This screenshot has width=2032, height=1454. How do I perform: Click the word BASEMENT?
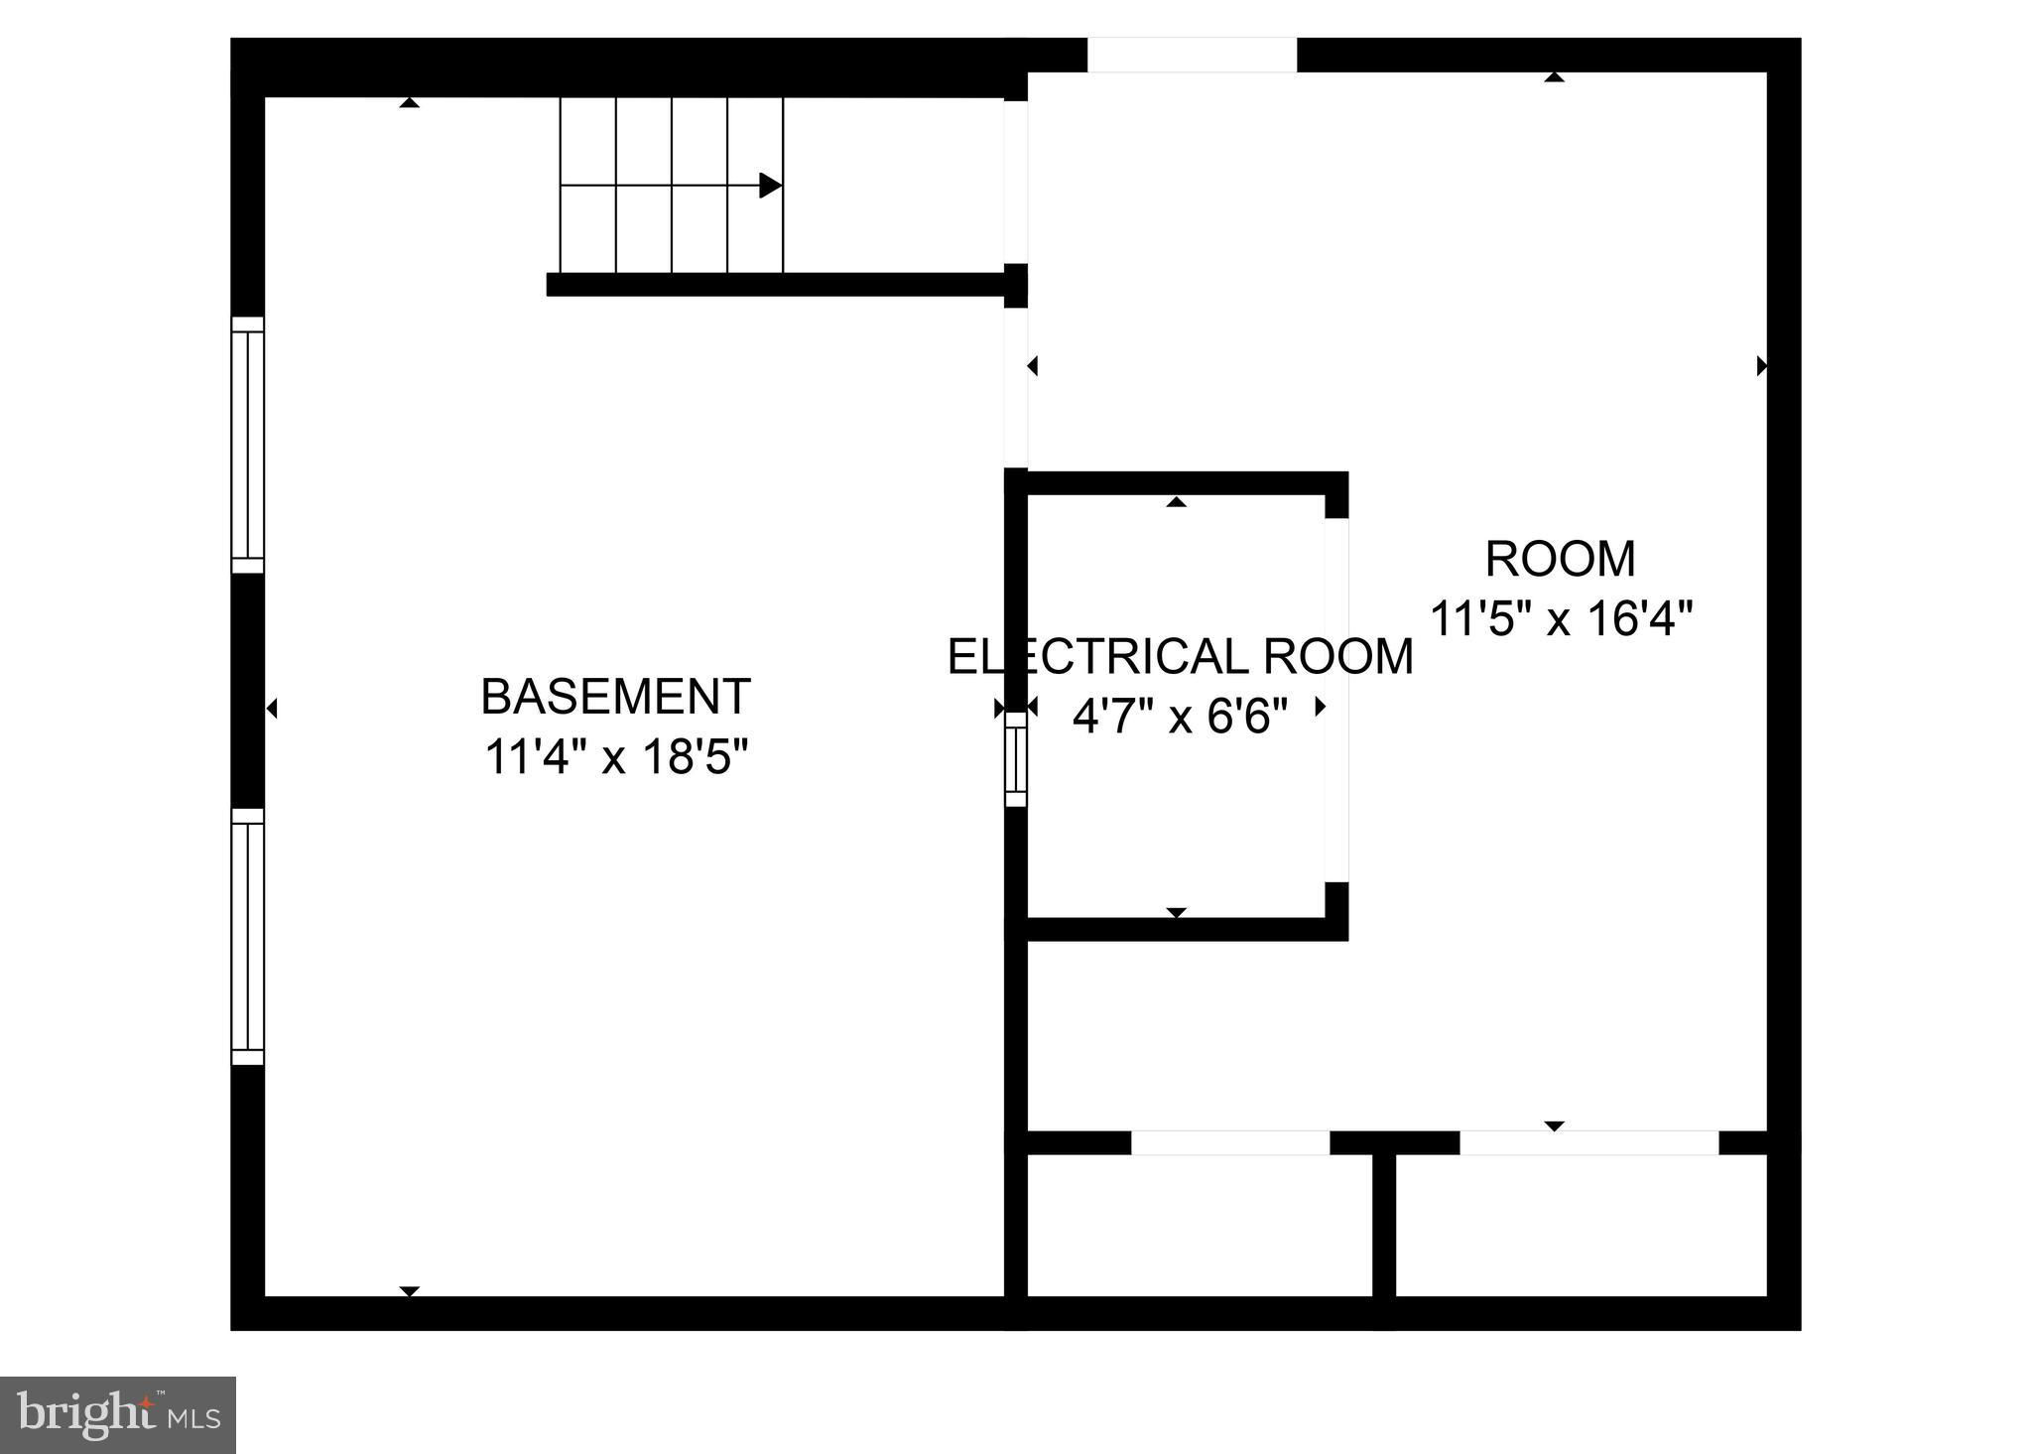615,697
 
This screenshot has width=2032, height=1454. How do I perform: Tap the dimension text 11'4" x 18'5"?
615,758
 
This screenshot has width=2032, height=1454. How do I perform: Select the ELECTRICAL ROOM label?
1181,657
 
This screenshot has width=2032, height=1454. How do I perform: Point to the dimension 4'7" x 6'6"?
1180,715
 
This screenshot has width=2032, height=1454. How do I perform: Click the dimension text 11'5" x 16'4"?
1561,619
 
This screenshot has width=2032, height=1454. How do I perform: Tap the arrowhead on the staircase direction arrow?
770,186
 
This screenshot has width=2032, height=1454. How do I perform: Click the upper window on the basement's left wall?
248,445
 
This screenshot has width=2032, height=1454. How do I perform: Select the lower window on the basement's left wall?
248,937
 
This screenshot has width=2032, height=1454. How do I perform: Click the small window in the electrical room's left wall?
1016,759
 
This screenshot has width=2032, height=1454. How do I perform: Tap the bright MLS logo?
118,1415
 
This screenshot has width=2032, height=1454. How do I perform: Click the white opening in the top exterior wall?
1192,55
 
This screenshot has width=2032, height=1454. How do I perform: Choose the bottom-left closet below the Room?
1200,1226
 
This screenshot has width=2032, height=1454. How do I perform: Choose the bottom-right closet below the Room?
1582,1226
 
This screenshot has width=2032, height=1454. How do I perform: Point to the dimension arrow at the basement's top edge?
410,102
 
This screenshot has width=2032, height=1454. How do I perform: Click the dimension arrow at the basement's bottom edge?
410,1291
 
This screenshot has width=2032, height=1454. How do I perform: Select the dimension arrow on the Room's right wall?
1762,366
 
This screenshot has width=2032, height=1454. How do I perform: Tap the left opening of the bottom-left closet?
1230,1143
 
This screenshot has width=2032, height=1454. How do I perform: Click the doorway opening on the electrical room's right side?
1337,700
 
